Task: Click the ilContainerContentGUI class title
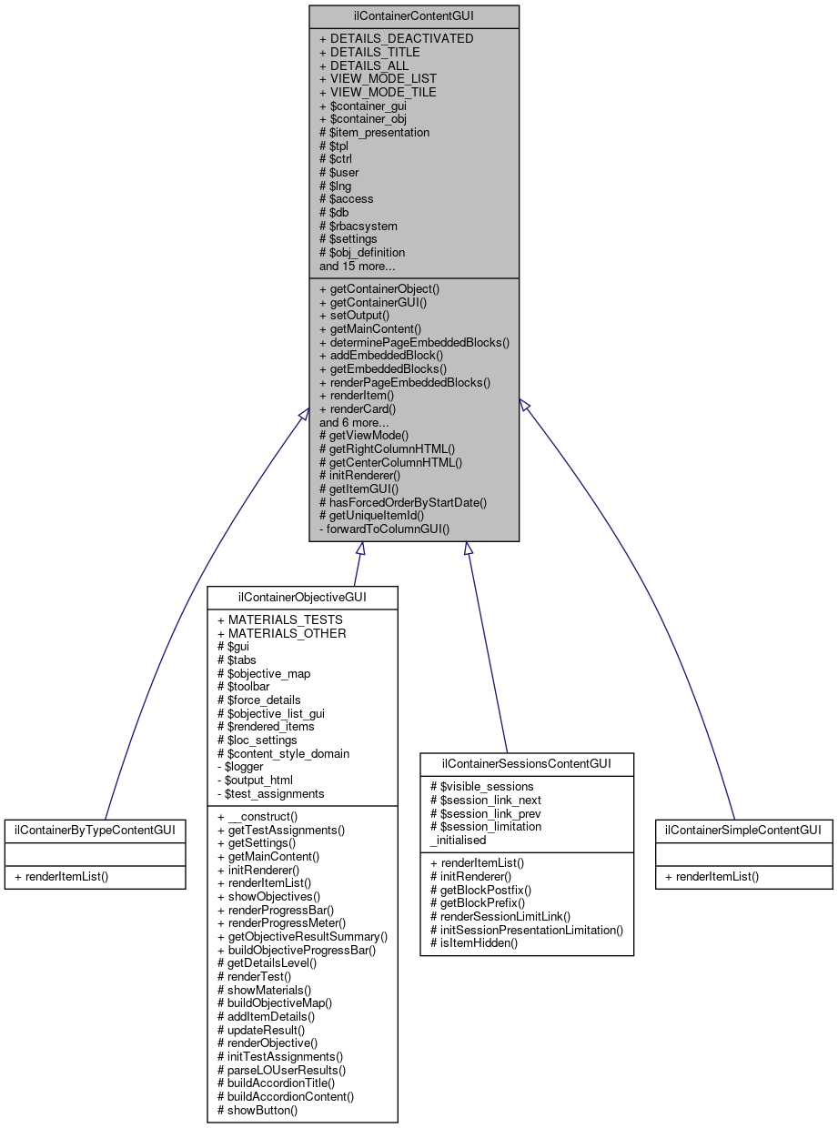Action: pos(414,16)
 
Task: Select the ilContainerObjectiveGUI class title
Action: pos(302,598)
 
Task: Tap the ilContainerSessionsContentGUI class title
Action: pos(527,764)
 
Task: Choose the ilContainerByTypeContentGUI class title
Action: pos(95,830)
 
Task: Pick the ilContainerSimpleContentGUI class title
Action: pos(743,830)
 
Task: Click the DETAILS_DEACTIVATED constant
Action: pos(396,39)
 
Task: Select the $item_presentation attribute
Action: pos(374,132)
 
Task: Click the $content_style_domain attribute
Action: pos(283,753)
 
